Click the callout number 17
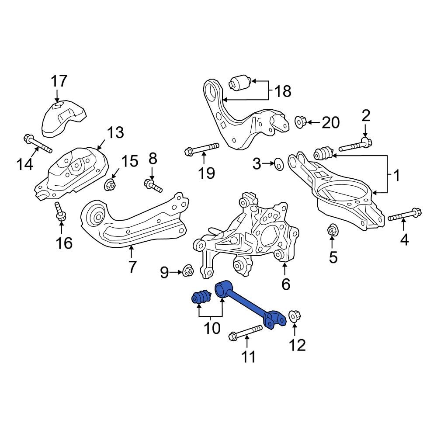pyautogui.click(x=59, y=81)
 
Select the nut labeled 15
pyautogui.click(x=110, y=185)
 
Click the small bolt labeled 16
pyautogui.click(x=60, y=212)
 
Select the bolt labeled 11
pyautogui.click(x=246, y=332)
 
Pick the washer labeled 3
pyautogui.click(x=277, y=165)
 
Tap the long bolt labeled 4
pyautogui.click(x=404, y=215)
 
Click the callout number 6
pyautogui.click(x=285, y=284)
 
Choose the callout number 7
pyautogui.click(x=132, y=266)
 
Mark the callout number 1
pyautogui.click(x=396, y=176)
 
